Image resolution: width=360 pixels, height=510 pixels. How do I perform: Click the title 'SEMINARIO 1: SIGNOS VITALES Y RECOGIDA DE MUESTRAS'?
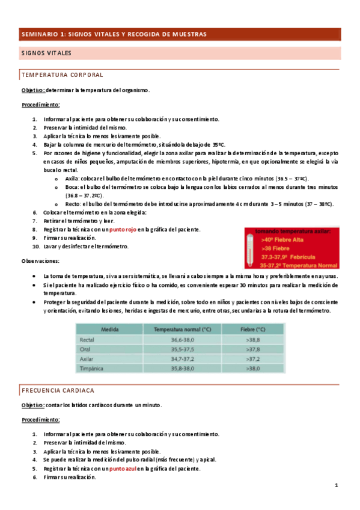(114, 34)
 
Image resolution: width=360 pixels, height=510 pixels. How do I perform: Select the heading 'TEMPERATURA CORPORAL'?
(63, 75)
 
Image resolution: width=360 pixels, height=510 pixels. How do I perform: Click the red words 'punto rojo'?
(123, 230)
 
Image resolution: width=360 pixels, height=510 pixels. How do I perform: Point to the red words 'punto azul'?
(123, 469)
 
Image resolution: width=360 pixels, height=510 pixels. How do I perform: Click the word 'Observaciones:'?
(40, 262)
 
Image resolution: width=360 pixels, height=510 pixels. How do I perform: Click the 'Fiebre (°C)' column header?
(252, 330)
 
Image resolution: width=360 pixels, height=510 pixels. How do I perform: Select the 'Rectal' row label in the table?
(88, 340)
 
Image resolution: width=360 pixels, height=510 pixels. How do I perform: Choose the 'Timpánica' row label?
(91, 368)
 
